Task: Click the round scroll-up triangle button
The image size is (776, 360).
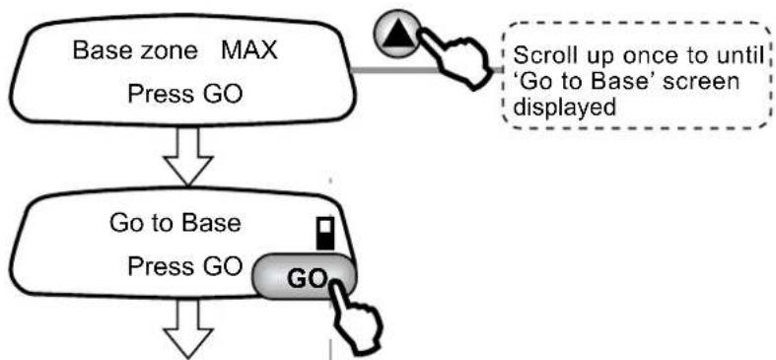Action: pyautogui.click(x=396, y=33)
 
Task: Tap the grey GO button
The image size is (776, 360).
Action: pyautogui.click(x=304, y=278)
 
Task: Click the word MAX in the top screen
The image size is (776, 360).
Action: pyautogui.click(x=248, y=50)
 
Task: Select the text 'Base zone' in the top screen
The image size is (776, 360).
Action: pyautogui.click(x=135, y=50)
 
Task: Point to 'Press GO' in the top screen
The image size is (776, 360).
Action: pyautogui.click(x=185, y=94)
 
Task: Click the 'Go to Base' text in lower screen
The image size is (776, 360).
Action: pyautogui.click(x=176, y=223)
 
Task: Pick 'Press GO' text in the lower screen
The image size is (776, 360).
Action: pyautogui.click(x=184, y=267)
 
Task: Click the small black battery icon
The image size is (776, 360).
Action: pyautogui.click(x=325, y=232)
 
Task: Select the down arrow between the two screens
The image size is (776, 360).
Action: pyautogui.click(x=188, y=156)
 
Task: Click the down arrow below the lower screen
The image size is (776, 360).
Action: pyautogui.click(x=188, y=328)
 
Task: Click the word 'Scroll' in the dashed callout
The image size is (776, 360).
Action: pyautogui.click(x=542, y=56)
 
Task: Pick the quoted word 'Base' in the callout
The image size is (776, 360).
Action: pyautogui.click(x=617, y=81)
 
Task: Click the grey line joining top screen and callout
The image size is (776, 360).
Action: pyautogui.click(x=427, y=70)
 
